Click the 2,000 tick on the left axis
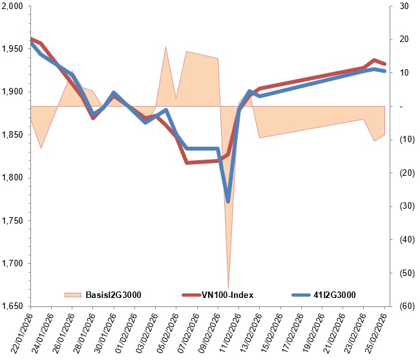click(12, 6)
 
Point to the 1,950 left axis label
click(12, 49)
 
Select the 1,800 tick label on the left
click(12, 178)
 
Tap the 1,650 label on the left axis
click(12, 306)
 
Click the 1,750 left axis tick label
click(12, 220)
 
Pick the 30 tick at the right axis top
click(404, 6)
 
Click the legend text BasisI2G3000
click(113, 295)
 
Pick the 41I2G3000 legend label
click(336, 295)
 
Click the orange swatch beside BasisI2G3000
click(73, 295)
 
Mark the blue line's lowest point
click(228, 202)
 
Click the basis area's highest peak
click(166, 47)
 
